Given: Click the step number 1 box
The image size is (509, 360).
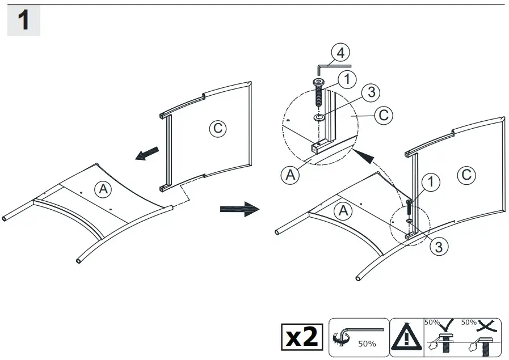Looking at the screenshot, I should pyautogui.click(x=23, y=21).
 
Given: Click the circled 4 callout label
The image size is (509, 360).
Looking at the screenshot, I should pyautogui.click(x=339, y=54).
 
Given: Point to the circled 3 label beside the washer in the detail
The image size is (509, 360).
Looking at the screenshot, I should pyautogui.click(x=369, y=92).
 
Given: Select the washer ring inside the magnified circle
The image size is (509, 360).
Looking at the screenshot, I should pyautogui.click(x=319, y=118).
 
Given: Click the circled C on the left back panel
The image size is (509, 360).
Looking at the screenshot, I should pyautogui.click(x=217, y=128).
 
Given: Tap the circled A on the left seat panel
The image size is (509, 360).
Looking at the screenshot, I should pyautogui.click(x=103, y=189).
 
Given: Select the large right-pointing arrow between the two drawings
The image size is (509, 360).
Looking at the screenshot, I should pyautogui.click(x=239, y=209).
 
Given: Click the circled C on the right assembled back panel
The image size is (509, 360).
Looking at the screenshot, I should pyautogui.click(x=466, y=175).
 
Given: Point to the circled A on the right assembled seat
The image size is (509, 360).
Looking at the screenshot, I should pyautogui.click(x=343, y=211).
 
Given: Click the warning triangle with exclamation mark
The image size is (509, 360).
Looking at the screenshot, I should pyautogui.click(x=407, y=337).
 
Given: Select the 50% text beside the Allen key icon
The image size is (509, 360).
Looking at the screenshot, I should pyautogui.click(x=367, y=343).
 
